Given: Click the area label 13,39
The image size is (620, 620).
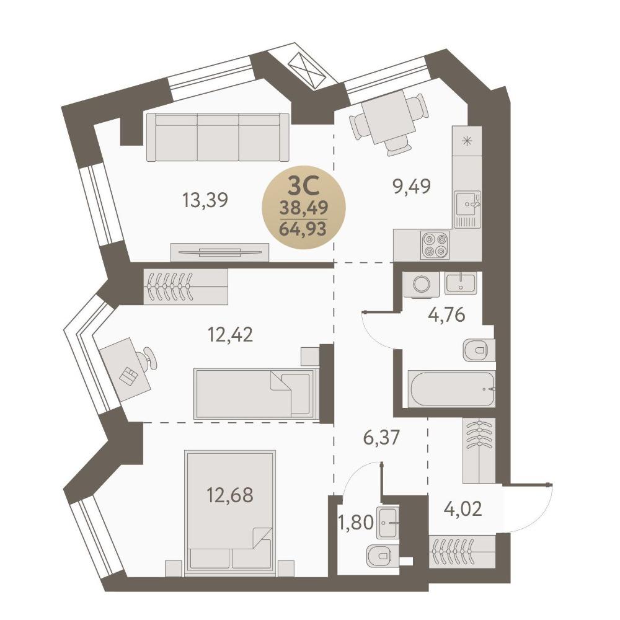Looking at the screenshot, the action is pyautogui.click(x=205, y=200).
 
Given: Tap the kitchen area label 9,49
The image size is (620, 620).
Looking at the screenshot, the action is pyautogui.click(x=411, y=186).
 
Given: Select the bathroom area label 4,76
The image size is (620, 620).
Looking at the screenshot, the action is pyautogui.click(x=446, y=315).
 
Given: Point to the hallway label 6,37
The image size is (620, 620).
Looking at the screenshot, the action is pyautogui.click(x=382, y=438).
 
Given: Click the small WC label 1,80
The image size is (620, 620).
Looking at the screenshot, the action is pyautogui.click(x=356, y=523).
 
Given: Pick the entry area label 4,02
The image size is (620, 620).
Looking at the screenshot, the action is pyautogui.click(x=463, y=509).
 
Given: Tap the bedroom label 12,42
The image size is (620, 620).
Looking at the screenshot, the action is pyautogui.click(x=230, y=335).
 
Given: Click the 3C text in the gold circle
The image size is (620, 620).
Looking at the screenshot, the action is pyautogui.click(x=303, y=186).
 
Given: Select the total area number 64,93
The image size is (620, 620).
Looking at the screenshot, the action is pyautogui.click(x=303, y=229).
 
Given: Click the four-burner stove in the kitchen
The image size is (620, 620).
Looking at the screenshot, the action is pyautogui.click(x=435, y=245).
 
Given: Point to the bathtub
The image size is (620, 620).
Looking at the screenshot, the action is pyautogui.click(x=451, y=389).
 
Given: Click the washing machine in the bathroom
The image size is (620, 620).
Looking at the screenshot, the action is pyautogui.click(x=421, y=284).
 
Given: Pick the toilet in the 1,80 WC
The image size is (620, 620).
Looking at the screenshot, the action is pyautogui.click(x=383, y=556).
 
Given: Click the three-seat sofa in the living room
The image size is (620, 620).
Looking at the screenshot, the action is pyautogui.click(x=218, y=137).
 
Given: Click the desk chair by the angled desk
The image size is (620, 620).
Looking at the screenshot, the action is pyautogui.click(x=148, y=358).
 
